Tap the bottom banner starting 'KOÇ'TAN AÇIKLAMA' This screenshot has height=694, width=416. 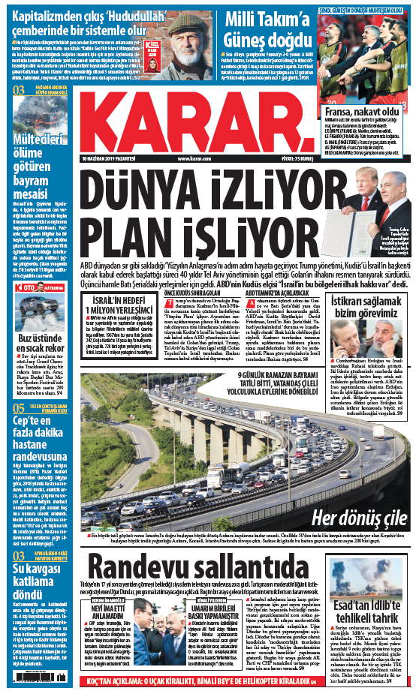(207, 682)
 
